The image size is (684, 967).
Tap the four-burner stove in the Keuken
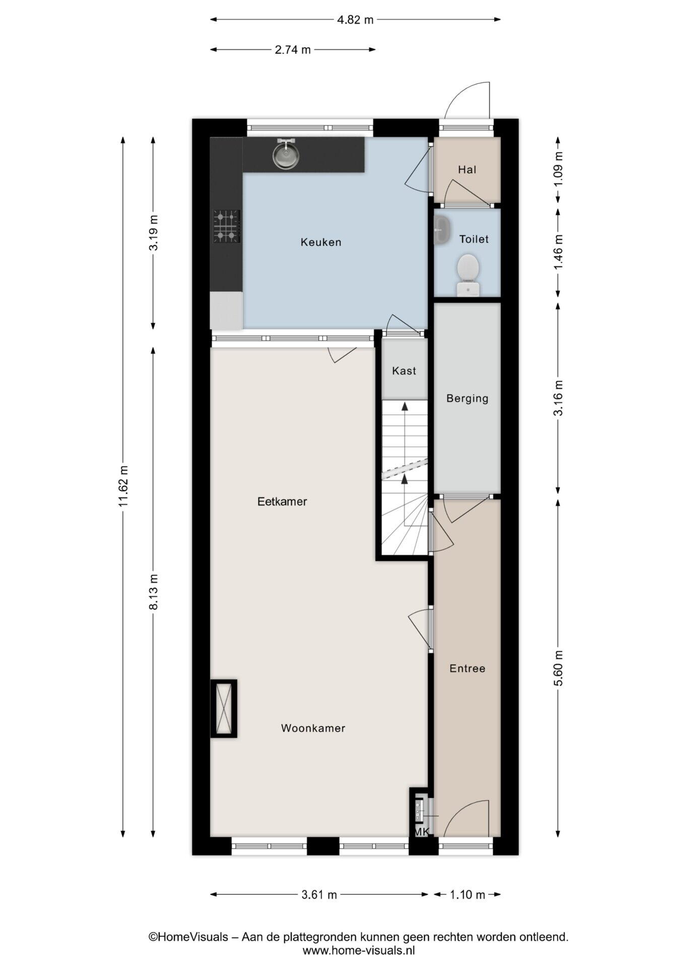(x=226, y=226)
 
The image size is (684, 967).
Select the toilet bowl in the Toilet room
(x=468, y=274)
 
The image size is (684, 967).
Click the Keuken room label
(x=321, y=242)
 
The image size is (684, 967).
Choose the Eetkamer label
(x=282, y=502)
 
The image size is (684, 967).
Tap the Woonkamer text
(x=313, y=728)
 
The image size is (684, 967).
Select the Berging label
(x=467, y=399)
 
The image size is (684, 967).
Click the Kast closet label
(x=404, y=371)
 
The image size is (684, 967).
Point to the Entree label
(x=467, y=669)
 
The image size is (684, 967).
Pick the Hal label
(x=467, y=170)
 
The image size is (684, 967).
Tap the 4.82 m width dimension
(x=356, y=20)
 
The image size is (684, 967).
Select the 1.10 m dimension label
(x=467, y=895)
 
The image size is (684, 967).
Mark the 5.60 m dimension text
(x=559, y=668)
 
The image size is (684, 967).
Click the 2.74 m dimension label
(x=293, y=50)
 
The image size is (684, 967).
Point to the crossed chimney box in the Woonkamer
(x=223, y=709)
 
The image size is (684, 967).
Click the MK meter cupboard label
(x=421, y=833)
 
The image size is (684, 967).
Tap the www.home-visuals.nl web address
(x=359, y=951)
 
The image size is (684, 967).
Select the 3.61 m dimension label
(x=319, y=895)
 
